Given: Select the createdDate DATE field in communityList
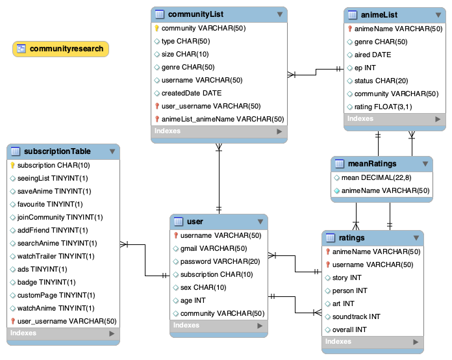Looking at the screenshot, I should pos(191,93).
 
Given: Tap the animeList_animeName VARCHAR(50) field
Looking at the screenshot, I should pos(222,119).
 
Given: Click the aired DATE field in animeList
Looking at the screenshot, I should pos(372,55).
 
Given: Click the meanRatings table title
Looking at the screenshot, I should pos(373,163).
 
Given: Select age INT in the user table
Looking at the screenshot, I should pos(193,300).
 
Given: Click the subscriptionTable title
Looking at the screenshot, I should pos(56,151).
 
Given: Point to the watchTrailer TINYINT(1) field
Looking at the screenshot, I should pos(56,256).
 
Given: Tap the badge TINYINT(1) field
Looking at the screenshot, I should pos(46,282).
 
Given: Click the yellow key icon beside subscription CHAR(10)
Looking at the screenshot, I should pos(12,165).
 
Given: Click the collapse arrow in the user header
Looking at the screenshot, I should pos(261,222).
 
